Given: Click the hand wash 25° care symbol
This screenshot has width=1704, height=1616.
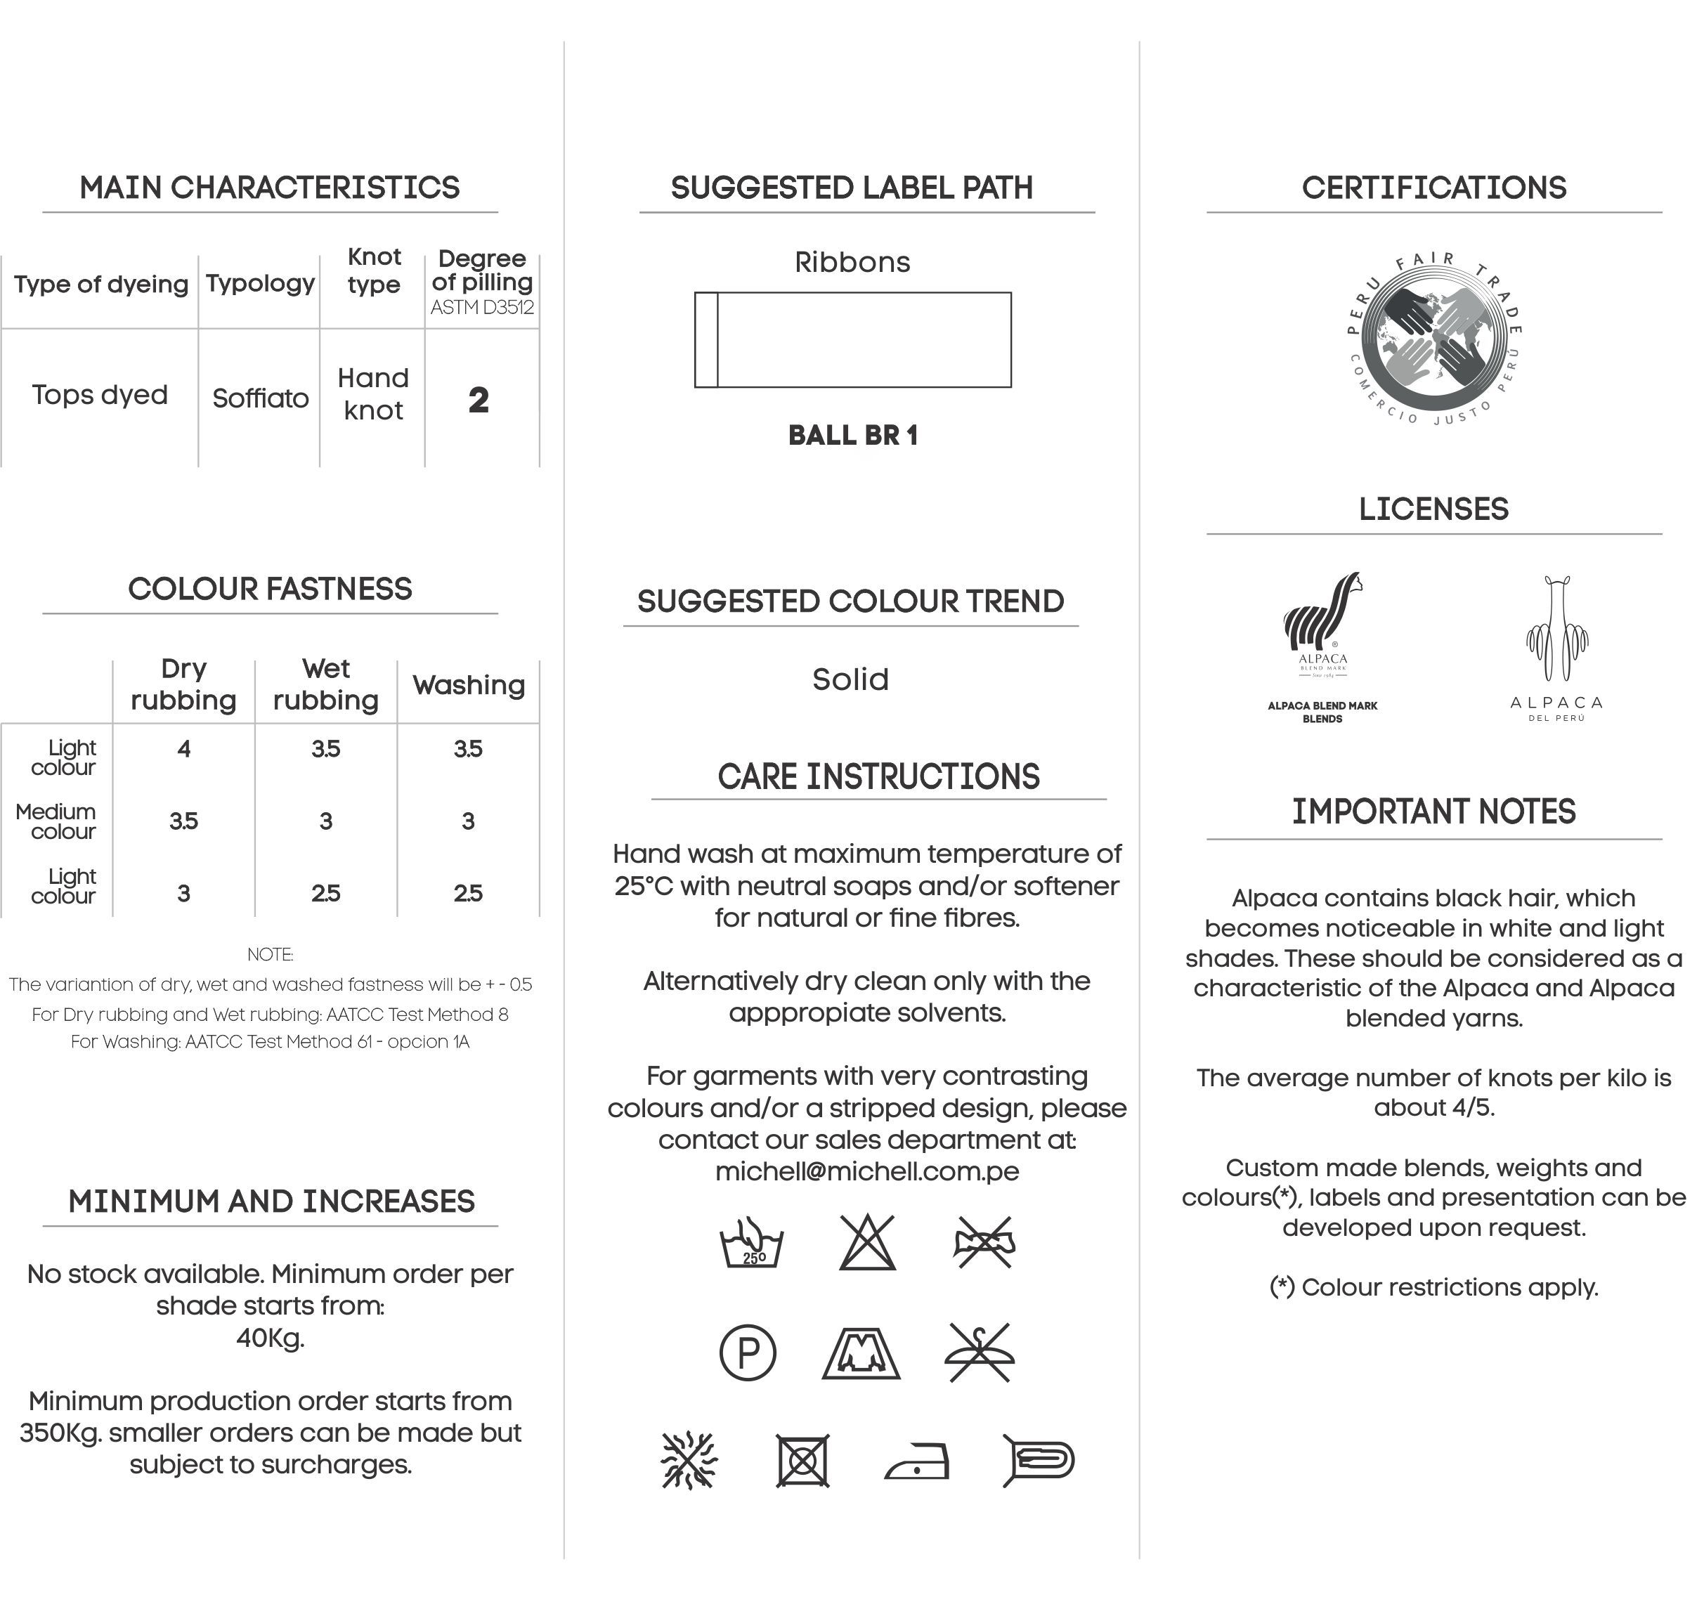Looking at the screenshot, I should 751,1243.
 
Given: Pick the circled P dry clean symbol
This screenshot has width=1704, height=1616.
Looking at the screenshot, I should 748,1353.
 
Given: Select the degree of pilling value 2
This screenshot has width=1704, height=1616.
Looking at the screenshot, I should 479,400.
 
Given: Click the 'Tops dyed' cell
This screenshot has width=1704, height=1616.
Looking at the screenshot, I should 100,395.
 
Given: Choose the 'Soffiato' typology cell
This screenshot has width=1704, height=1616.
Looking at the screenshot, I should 260,398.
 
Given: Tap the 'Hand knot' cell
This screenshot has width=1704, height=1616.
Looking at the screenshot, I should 373,393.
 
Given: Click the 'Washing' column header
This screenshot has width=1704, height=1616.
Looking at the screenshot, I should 469,685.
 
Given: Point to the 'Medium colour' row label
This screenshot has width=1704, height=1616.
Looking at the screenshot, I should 57,821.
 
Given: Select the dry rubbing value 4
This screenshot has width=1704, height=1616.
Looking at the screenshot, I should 183,748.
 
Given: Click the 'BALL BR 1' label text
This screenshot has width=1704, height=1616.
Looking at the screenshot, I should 853,436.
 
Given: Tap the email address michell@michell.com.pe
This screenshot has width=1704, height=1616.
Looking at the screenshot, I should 866,1171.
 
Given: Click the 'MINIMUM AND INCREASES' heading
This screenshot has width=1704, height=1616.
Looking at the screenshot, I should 271,1201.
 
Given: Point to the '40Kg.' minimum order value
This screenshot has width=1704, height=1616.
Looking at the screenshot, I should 271,1338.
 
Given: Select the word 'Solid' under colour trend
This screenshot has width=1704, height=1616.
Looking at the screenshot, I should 850,679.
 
